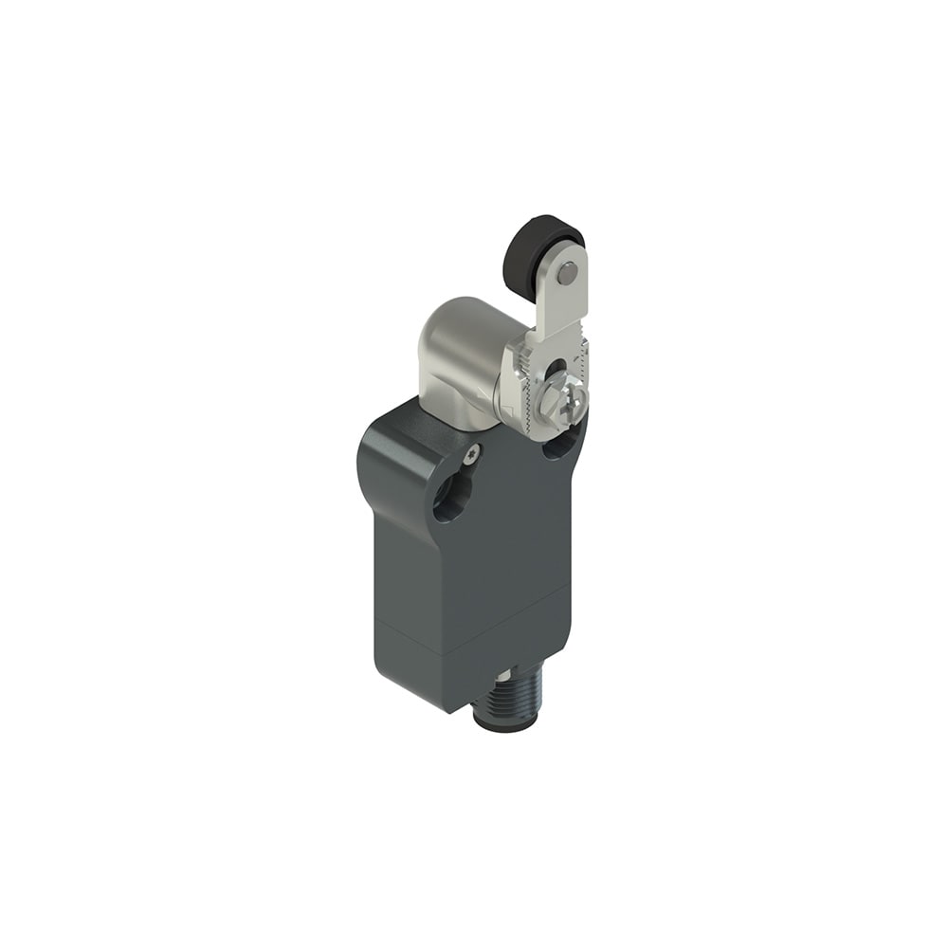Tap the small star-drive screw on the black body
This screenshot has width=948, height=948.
471,454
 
